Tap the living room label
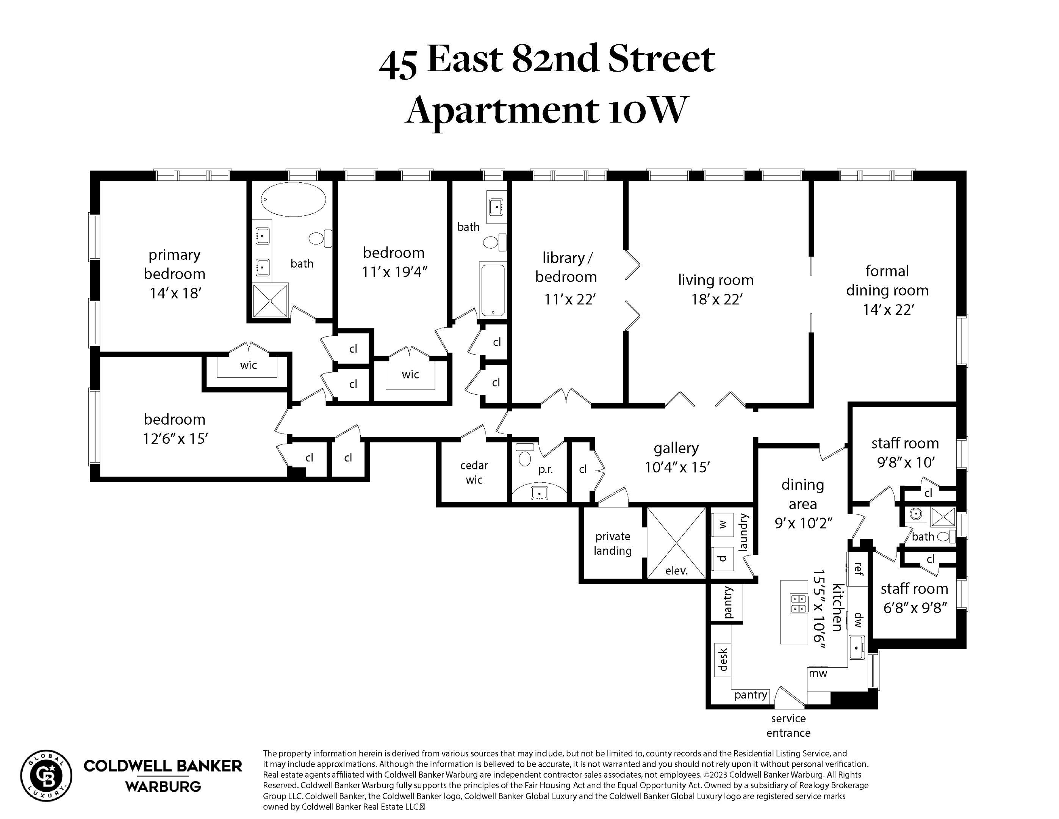tap(716, 280)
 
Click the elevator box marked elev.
tap(676, 543)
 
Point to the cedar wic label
tap(474, 472)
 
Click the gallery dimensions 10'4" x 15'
tap(677, 467)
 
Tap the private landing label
tap(613, 543)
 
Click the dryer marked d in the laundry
tap(723, 559)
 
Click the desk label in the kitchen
tap(723, 660)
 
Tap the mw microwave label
tap(818, 673)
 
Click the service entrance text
tap(788, 725)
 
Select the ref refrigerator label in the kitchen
tap(858, 569)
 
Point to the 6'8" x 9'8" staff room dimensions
tap(915, 608)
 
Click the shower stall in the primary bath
tap(270, 301)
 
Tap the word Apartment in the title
tap(501, 111)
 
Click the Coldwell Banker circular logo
tap(46, 776)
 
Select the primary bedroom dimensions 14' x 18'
tap(175, 293)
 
